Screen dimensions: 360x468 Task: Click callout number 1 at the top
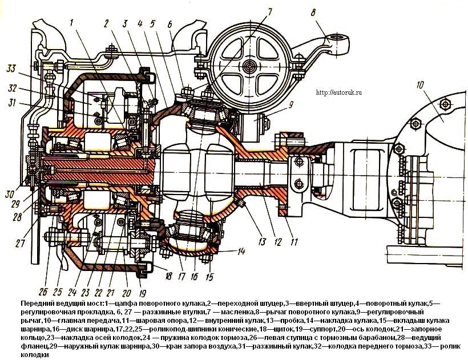coord(73,23)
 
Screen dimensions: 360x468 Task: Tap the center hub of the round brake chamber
coord(249,66)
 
